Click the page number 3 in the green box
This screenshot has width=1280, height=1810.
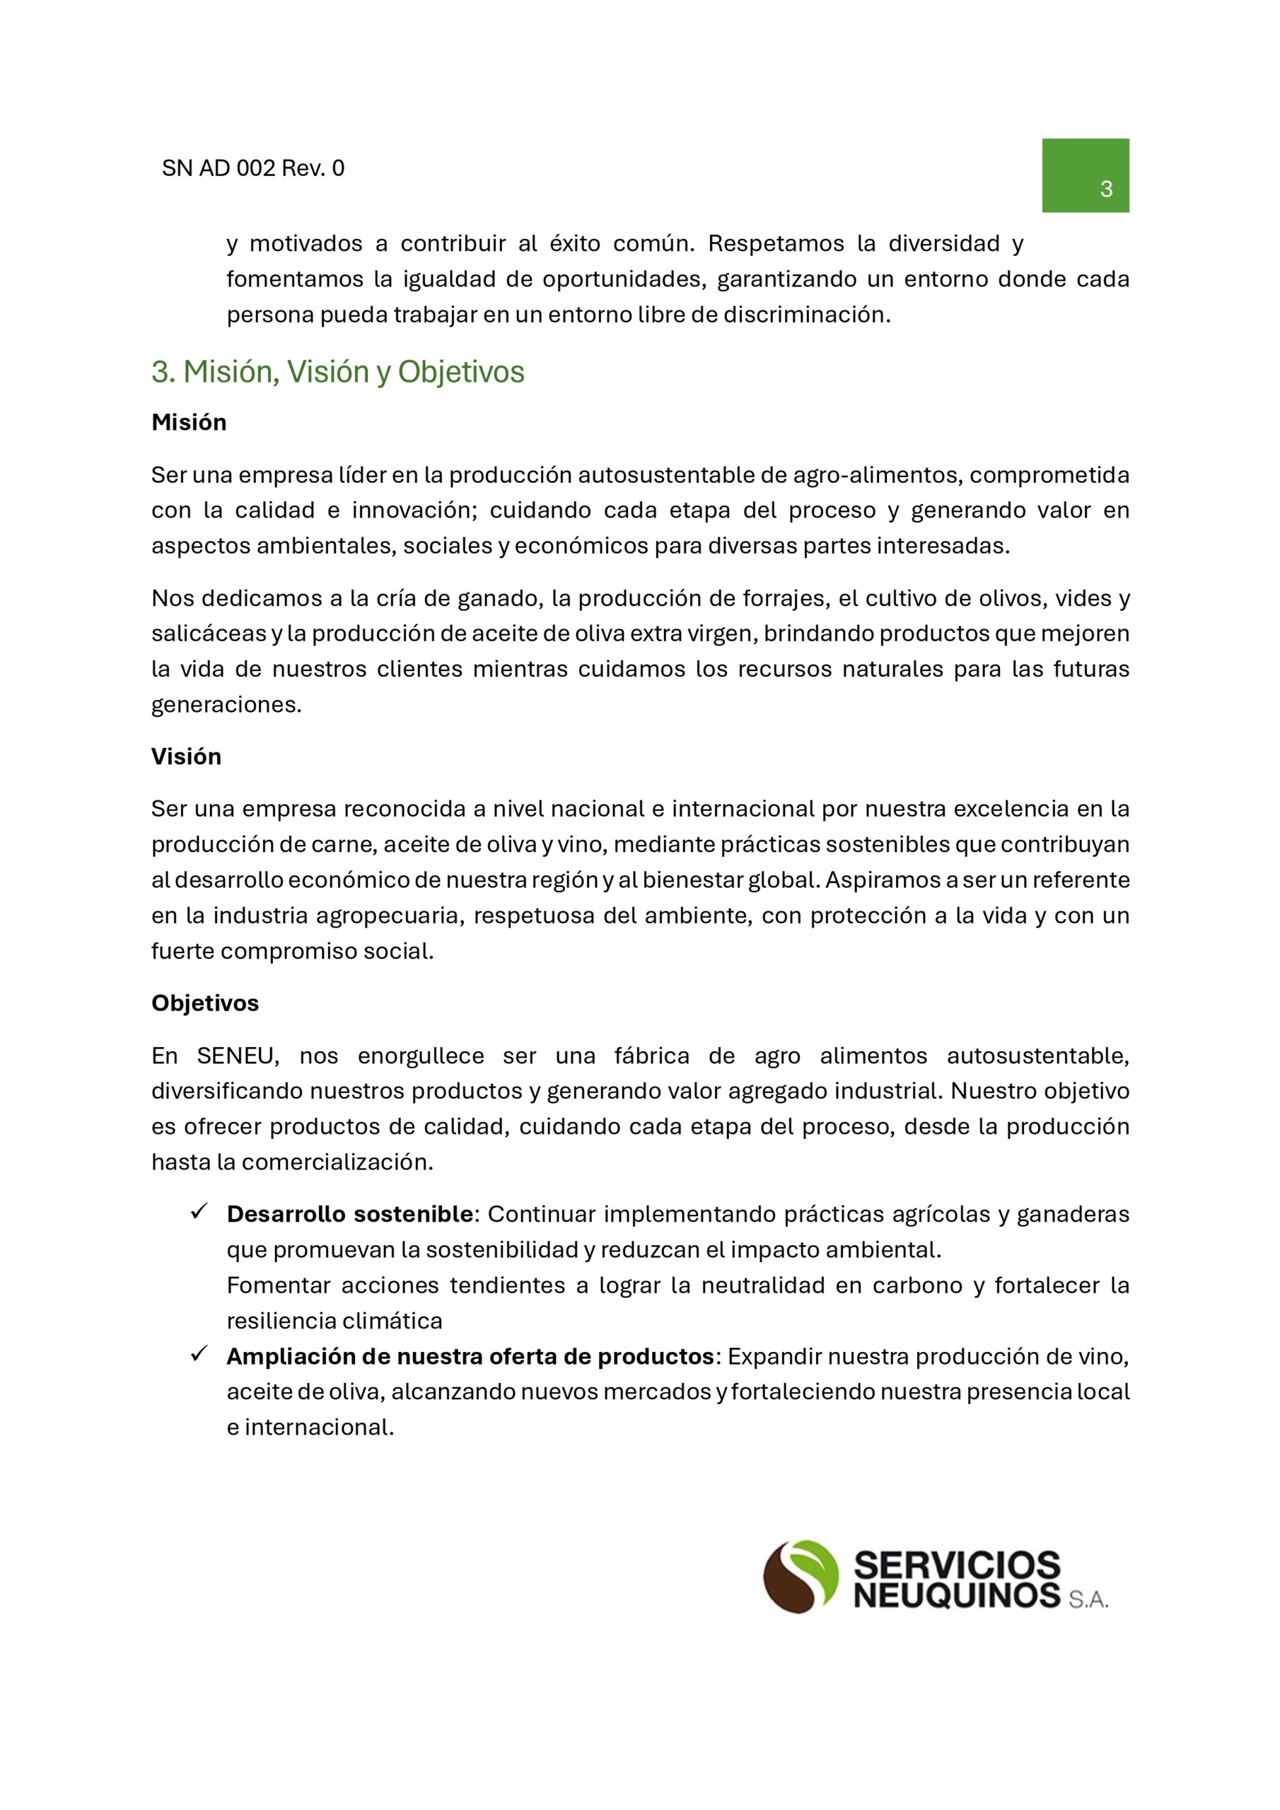pos(1106,189)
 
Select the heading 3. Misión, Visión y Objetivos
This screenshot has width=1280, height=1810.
pos(337,372)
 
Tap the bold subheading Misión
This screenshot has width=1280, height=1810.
pos(189,423)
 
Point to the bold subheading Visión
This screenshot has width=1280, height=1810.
pos(186,757)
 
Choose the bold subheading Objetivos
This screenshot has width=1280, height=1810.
pos(205,1003)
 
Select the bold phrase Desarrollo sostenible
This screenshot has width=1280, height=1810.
pos(349,1214)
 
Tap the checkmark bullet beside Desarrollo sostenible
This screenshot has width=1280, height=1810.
pos(199,1212)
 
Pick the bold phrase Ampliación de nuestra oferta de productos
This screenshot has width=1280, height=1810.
pos(470,1357)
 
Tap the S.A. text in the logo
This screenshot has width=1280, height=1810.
pos(1088,1599)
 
